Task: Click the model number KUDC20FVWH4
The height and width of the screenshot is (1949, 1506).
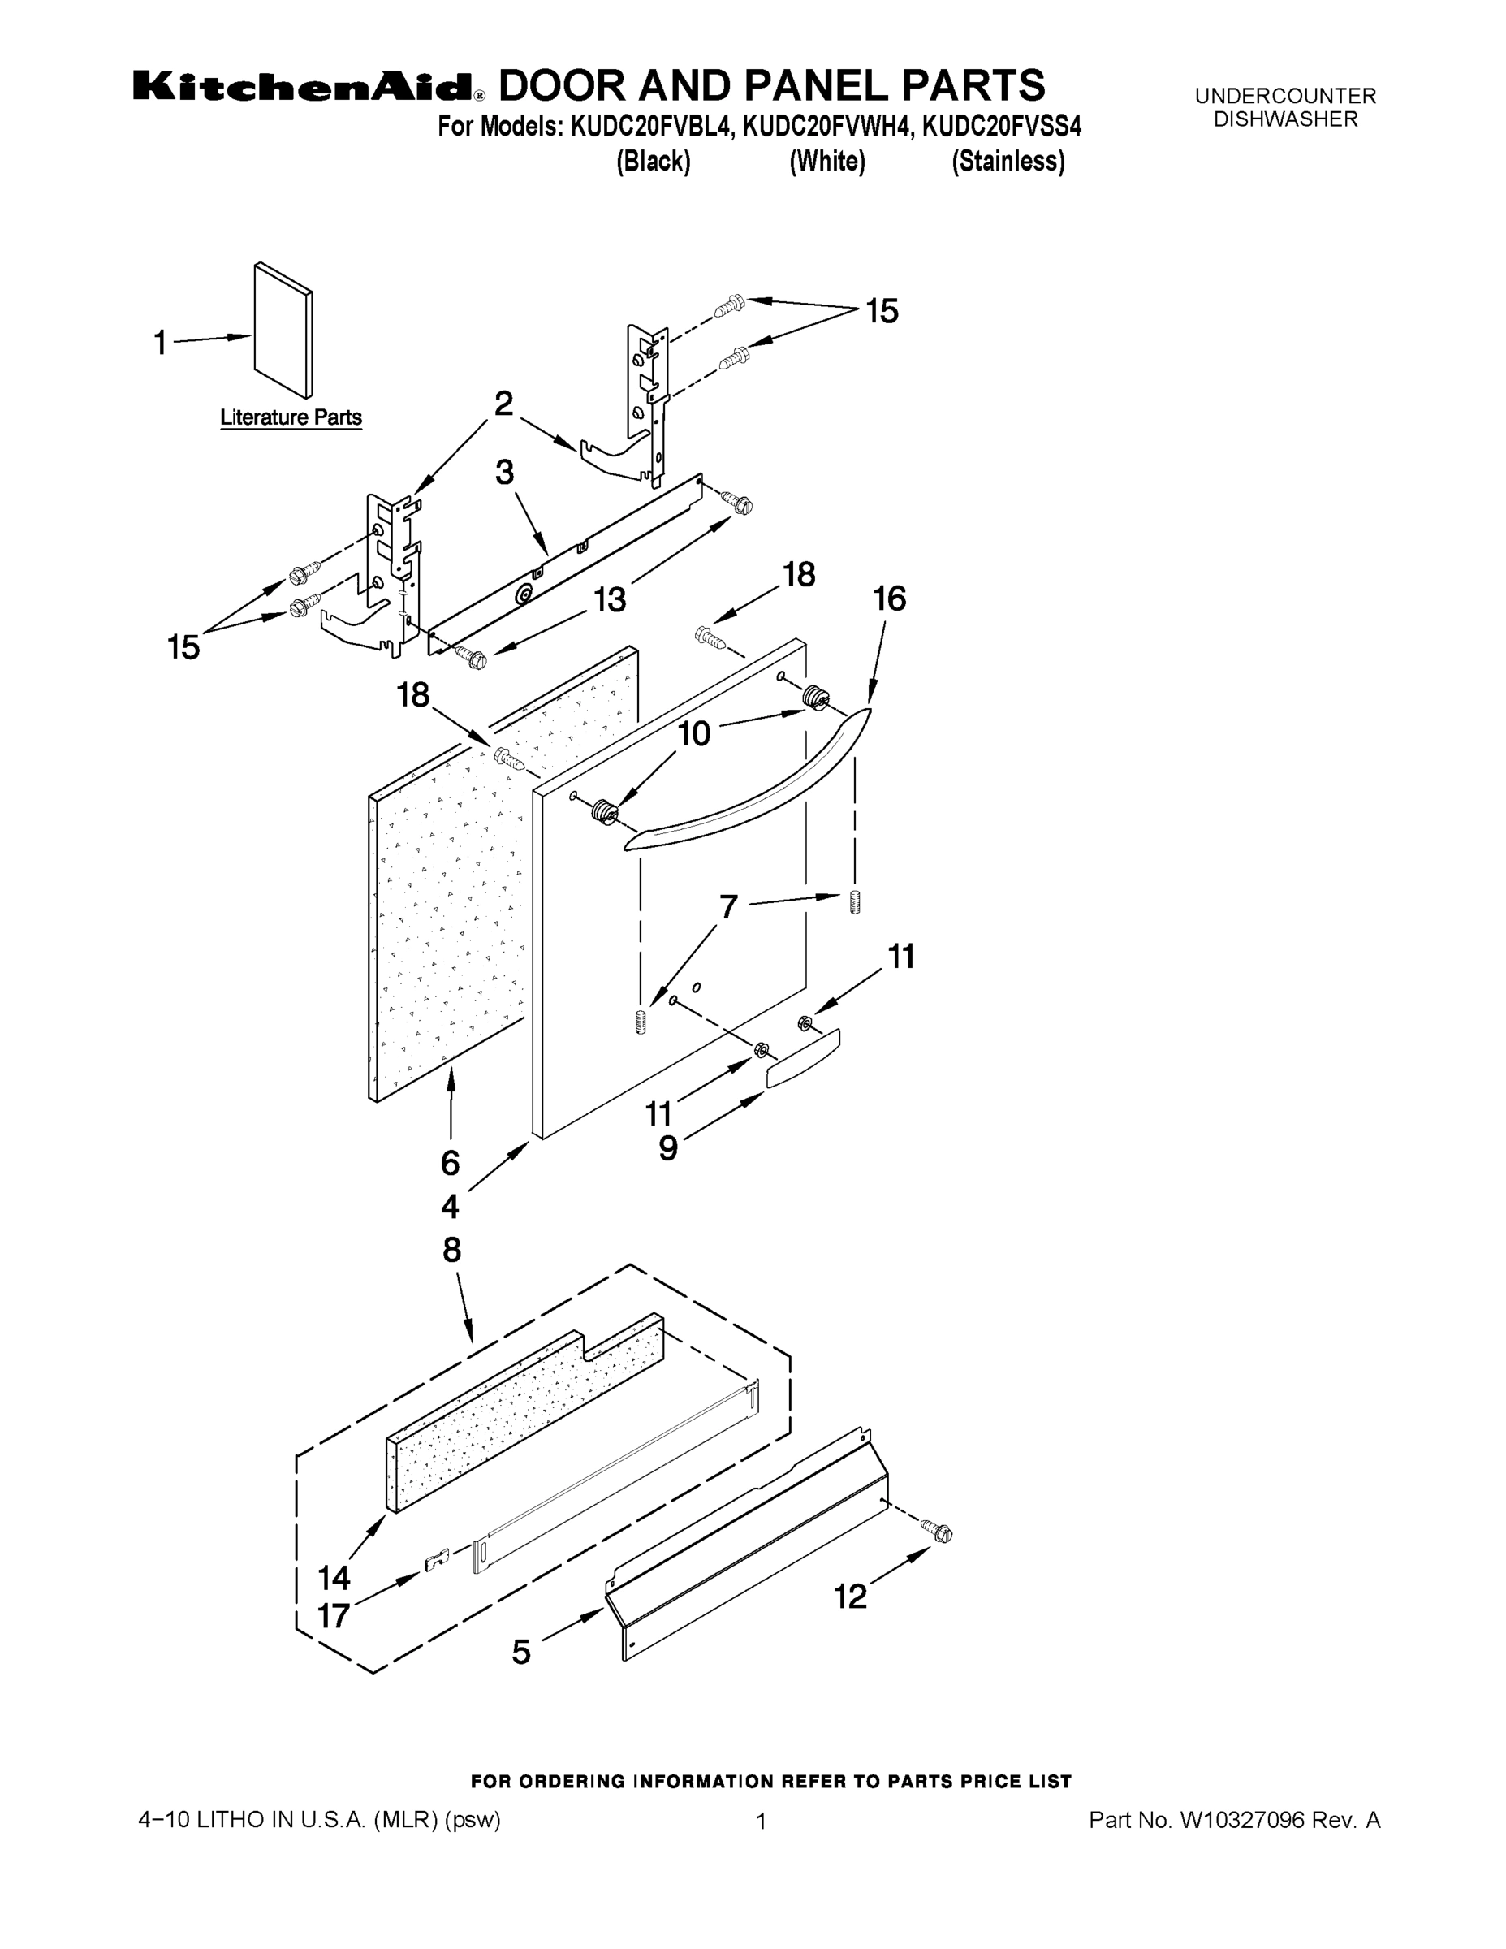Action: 828,127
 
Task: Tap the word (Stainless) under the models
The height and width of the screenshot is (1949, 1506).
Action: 1008,162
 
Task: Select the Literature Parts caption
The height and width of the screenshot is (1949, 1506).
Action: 291,417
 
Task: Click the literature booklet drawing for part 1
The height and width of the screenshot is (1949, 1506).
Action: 283,331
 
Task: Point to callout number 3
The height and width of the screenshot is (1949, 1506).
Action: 504,472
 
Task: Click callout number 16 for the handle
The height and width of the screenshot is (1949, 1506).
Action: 890,599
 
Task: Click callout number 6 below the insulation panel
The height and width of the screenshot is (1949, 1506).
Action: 450,1163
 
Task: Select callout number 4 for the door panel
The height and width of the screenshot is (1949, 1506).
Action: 450,1208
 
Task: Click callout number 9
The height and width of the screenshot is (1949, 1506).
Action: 668,1148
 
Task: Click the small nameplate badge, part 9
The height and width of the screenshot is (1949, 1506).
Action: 803,1057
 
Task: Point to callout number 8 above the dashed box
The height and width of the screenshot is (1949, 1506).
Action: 452,1251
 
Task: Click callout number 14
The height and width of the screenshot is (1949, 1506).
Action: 334,1579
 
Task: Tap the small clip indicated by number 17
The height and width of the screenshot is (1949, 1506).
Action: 435,1562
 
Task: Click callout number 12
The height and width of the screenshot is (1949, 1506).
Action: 850,1597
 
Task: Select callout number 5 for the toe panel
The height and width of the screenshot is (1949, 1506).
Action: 521,1652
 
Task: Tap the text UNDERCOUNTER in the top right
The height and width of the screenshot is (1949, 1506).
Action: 1284,96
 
